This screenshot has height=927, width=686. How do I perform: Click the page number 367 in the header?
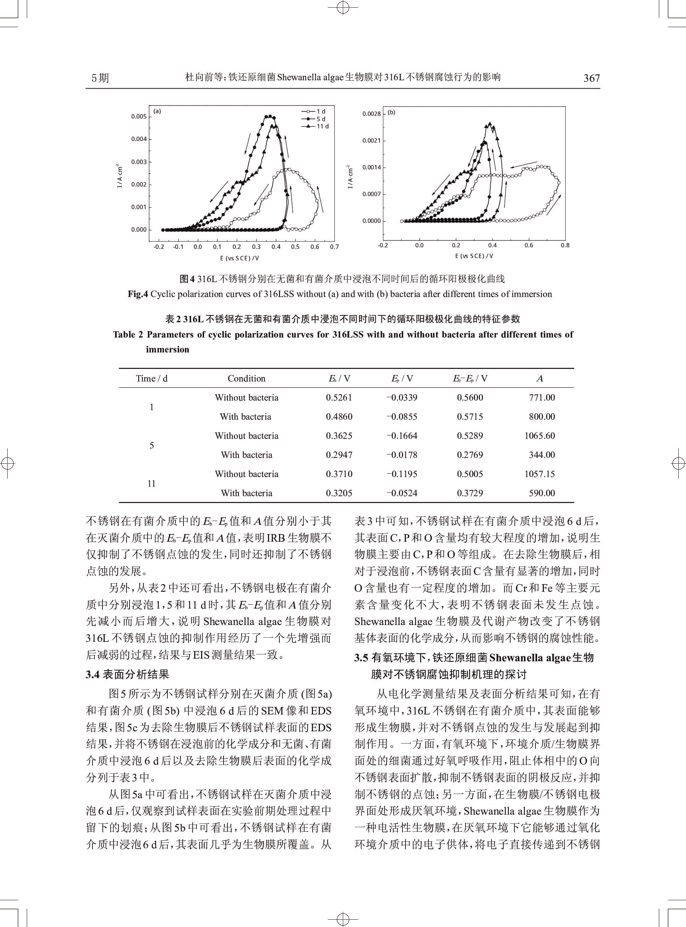(591, 78)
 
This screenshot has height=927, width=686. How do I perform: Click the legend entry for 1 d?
(318, 111)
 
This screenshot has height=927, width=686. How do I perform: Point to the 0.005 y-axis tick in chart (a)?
(139, 116)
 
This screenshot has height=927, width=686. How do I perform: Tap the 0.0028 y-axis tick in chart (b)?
(371, 114)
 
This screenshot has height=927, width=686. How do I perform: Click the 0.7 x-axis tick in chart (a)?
(334, 247)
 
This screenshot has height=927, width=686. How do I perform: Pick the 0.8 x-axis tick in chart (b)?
(565, 245)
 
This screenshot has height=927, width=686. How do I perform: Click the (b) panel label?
(391, 112)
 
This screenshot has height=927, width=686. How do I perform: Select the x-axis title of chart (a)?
(240, 258)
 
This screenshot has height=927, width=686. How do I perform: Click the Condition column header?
(246, 378)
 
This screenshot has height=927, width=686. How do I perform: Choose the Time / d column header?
(152, 378)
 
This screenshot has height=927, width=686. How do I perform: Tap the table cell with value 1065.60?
(539, 436)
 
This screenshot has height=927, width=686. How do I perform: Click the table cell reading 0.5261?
(339, 398)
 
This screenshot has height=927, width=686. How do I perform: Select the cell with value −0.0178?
(402, 455)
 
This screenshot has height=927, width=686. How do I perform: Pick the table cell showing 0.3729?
(470, 493)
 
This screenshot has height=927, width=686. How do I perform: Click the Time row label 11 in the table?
(152, 484)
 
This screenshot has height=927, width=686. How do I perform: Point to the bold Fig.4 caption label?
(138, 294)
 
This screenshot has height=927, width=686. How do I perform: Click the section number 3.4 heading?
(92, 674)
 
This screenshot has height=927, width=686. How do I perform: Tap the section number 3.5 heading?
(361, 658)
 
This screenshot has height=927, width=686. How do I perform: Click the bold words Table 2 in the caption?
(128, 335)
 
